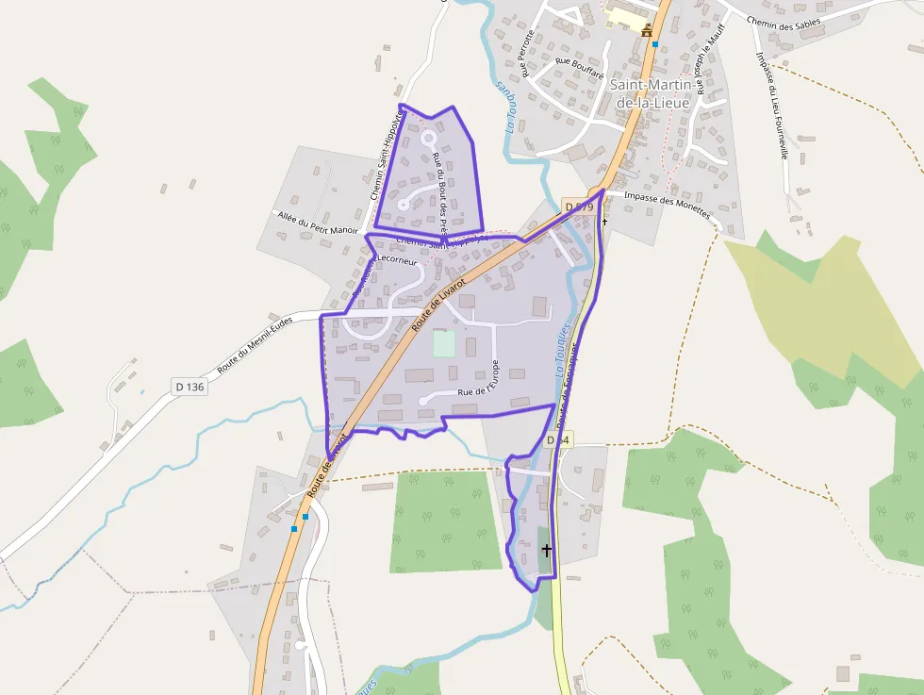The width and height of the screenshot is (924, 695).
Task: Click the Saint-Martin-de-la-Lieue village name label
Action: tap(652, 92)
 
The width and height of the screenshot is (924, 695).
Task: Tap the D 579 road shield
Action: tap(578, 207)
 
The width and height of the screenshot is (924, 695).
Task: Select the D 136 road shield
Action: tap(190, 387)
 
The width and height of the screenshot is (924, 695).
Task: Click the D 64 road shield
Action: tap(559, 440)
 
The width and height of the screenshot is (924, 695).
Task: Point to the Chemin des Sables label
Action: tap(783, 20)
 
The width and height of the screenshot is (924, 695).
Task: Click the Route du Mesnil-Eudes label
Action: tap(256, 344)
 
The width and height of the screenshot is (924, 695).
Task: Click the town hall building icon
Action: tap(647, 31)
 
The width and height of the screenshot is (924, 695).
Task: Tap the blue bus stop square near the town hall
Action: tap(655, 44)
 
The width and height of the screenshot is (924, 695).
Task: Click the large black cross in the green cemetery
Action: tap(546, 549)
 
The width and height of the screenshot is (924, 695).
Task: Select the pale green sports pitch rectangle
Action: tap(444, 343)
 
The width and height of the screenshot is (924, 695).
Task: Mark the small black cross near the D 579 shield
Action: tap(604, 222)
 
